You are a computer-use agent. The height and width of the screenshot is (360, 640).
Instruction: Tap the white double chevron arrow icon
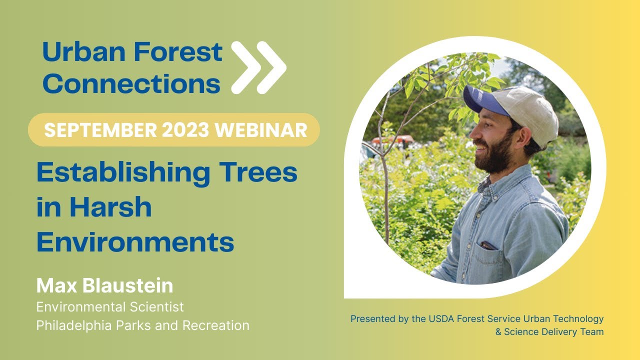tap(258, 67)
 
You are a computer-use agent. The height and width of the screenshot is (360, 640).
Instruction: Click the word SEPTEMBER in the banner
tap(99, 130)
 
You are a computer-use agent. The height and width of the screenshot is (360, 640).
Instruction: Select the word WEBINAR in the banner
tap(261, 130)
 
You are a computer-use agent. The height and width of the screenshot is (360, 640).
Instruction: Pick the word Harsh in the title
tap(110, 206)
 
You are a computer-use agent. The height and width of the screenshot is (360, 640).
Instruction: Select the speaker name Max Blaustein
tap(104, 286)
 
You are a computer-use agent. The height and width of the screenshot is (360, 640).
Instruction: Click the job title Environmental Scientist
tap(110, 306)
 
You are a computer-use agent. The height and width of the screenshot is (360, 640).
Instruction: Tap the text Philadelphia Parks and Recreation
tap(142, 325)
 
